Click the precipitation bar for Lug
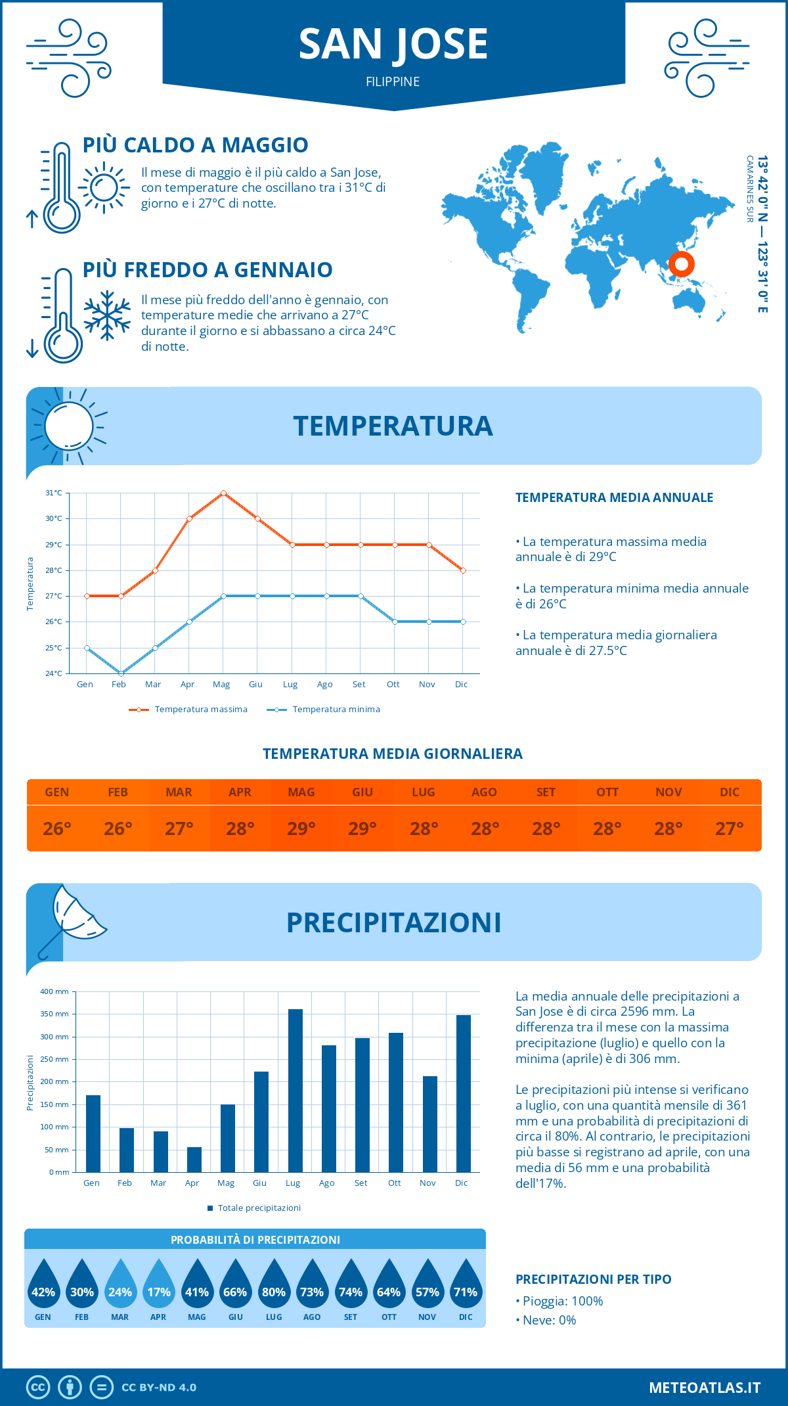(295, 1091)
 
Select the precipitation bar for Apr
(194, 1160)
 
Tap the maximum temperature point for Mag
(224, 493)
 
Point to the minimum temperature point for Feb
(121, 673)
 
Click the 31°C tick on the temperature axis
(54, 493)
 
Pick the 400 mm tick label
(55, 991)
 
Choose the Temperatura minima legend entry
(324, 710)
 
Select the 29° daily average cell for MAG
(301, 828)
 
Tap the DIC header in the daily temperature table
(730, 792)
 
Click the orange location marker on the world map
(682, 264)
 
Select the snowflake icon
(107, 315)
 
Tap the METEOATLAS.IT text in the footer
(705, 1388)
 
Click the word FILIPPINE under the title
(393, 81)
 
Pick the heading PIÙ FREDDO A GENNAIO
(208, 270)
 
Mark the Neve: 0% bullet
(546, 1320)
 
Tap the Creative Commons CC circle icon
(38, 1388)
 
